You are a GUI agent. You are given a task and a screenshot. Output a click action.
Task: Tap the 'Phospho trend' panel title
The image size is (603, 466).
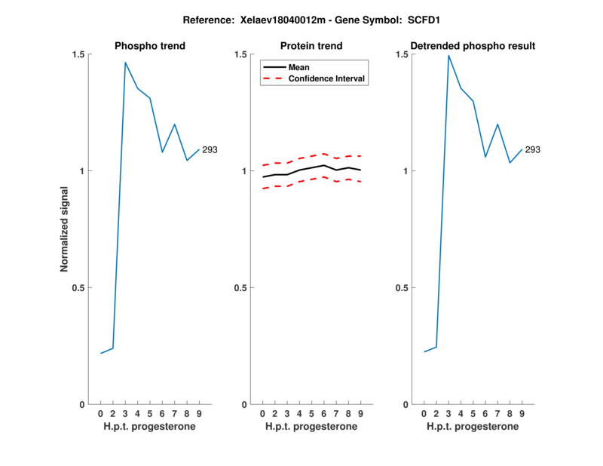150,46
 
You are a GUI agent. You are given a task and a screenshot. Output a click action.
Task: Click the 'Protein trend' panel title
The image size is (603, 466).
311,46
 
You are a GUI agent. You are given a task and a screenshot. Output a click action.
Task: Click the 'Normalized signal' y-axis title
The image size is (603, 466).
65,229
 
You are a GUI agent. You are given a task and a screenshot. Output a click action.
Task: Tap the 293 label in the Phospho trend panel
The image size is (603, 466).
210,150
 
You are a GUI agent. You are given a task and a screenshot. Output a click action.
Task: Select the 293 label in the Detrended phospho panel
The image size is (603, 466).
532,150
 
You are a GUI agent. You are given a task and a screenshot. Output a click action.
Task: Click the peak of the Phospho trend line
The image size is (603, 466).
125,63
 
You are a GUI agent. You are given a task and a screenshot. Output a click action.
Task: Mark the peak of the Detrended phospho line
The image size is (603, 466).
448,55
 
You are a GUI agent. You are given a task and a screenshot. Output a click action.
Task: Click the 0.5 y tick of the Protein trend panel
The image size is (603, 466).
241,288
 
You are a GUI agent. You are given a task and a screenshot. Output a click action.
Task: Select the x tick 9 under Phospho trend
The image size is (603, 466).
199,414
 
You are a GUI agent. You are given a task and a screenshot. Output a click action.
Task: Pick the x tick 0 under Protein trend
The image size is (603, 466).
262,414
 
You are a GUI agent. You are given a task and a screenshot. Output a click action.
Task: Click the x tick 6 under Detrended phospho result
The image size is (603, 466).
485,414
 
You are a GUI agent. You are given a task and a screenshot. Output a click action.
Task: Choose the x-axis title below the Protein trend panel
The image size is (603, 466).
311,427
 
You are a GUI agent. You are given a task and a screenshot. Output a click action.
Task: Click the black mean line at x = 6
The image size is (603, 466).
323,165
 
